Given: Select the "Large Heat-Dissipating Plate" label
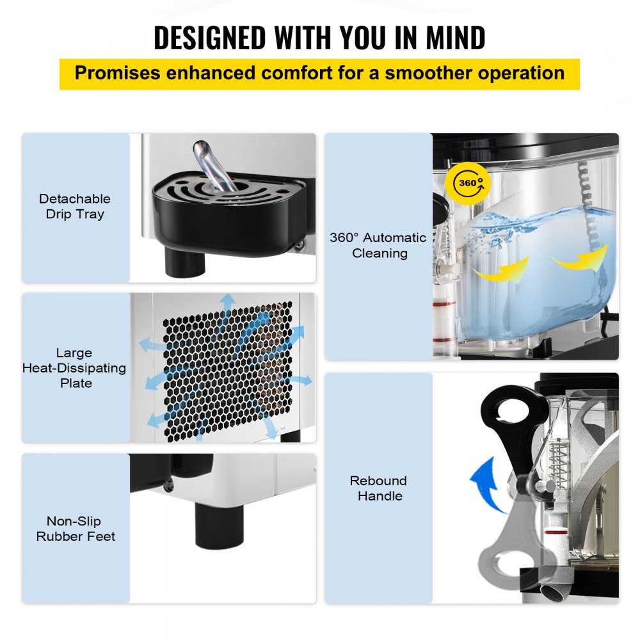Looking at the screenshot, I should point(74,368).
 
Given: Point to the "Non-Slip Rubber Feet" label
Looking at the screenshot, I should point(76,529).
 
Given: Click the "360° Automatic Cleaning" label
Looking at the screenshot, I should point(378,245).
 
